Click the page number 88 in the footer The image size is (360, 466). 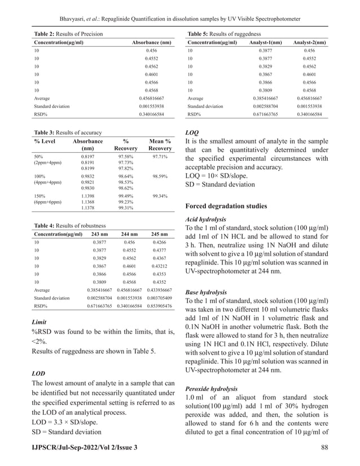pos(324,447)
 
